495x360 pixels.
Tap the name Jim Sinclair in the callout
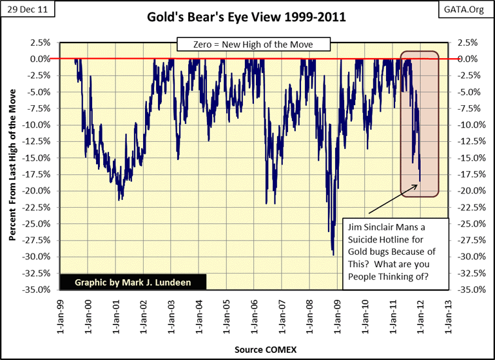(x=377, y=226)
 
